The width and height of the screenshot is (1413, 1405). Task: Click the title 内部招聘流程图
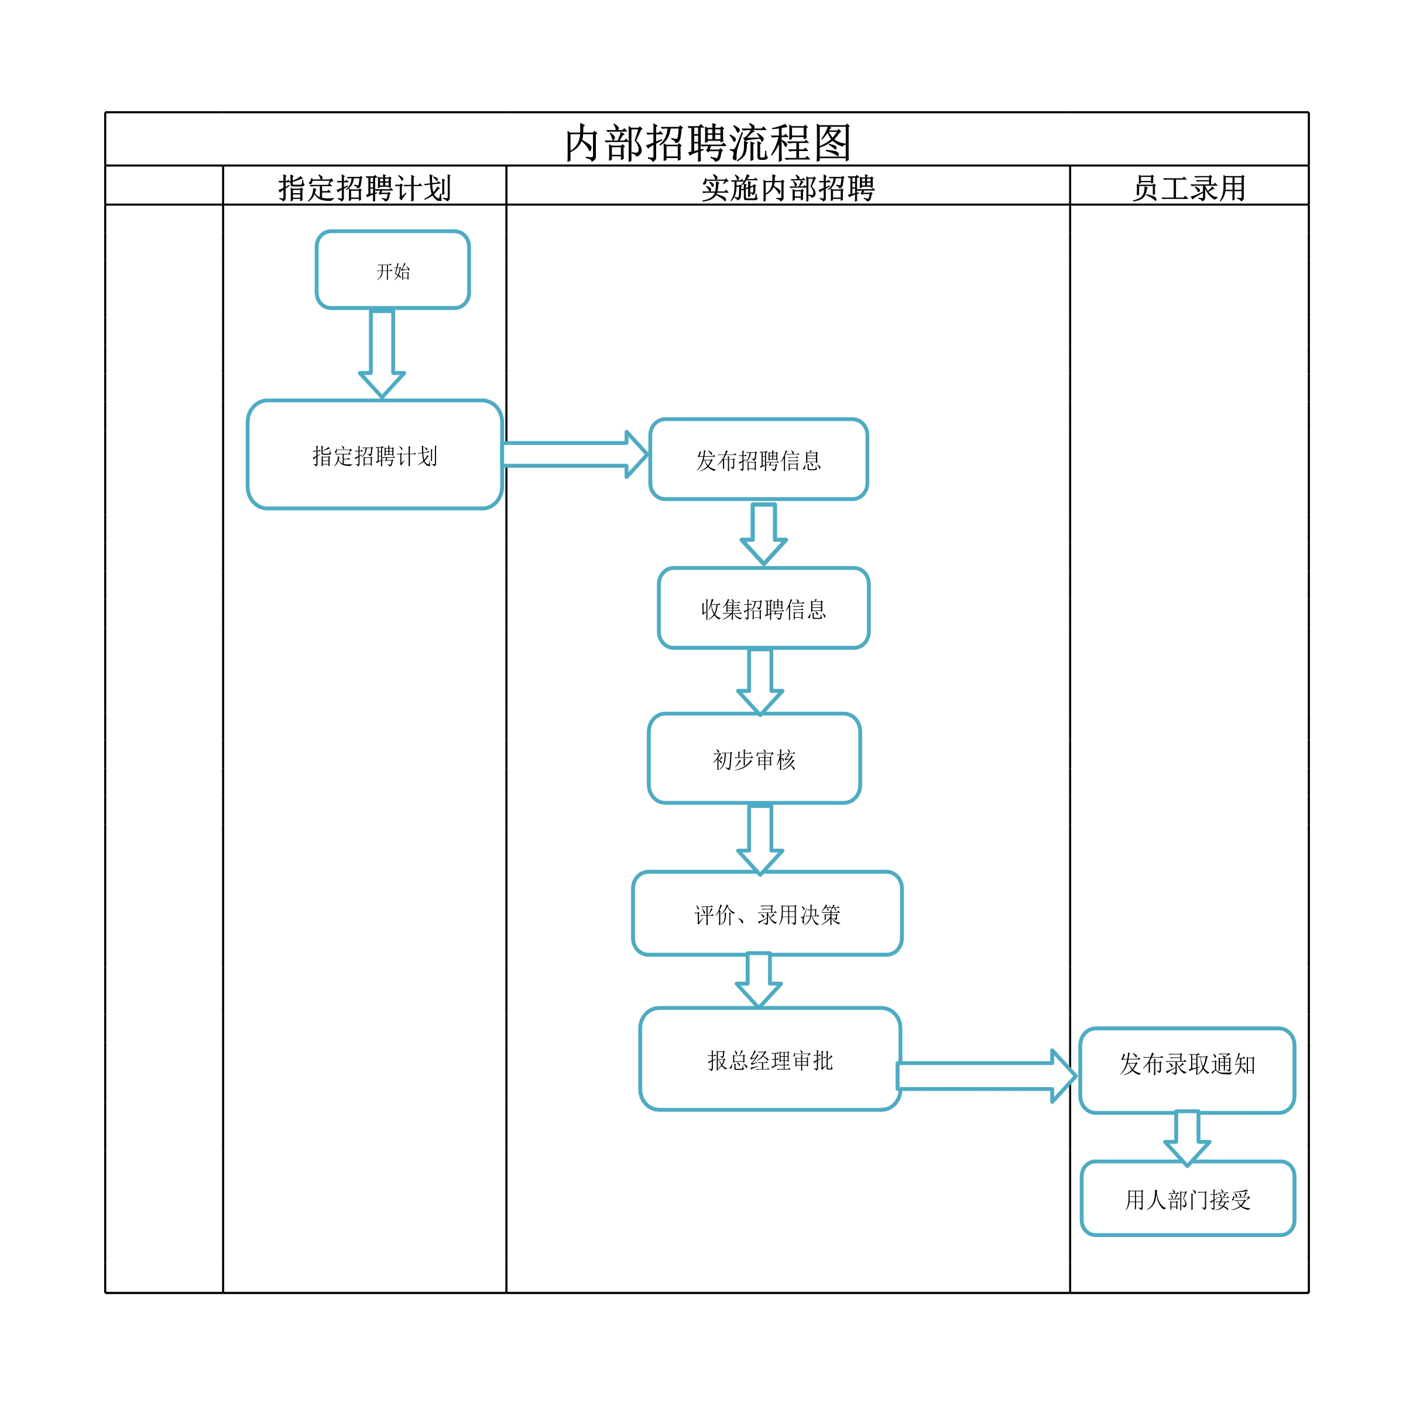pos(708,143)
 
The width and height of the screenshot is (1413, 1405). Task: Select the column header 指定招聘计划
pos(364,188)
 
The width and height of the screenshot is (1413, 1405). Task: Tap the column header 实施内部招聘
pos(788,188)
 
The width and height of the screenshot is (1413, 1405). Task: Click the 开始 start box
pos(393,270)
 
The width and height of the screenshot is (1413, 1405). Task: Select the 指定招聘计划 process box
pos(375,454)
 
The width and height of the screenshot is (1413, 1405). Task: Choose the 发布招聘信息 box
pos(759,460)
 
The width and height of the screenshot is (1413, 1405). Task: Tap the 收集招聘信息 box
pos(763,608)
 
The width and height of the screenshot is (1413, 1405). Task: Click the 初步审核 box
pos(754,759)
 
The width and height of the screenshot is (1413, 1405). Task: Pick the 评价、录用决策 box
pos(767,913)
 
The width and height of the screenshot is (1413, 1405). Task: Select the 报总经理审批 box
pos(770,1059)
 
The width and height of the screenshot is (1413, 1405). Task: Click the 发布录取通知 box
pos(1187,1070)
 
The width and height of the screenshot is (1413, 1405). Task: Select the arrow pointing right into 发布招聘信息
pos(575,454)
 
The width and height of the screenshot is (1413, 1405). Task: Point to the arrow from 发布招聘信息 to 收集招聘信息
pos(763,534)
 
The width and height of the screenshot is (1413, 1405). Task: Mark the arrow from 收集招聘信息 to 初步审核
pos(760,681)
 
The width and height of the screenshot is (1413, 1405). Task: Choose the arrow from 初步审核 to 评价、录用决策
pos(760,839)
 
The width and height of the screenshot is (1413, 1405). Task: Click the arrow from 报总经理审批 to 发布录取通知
pos(987,1076)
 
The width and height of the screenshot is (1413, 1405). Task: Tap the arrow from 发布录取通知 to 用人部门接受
pos(1187,1139)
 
